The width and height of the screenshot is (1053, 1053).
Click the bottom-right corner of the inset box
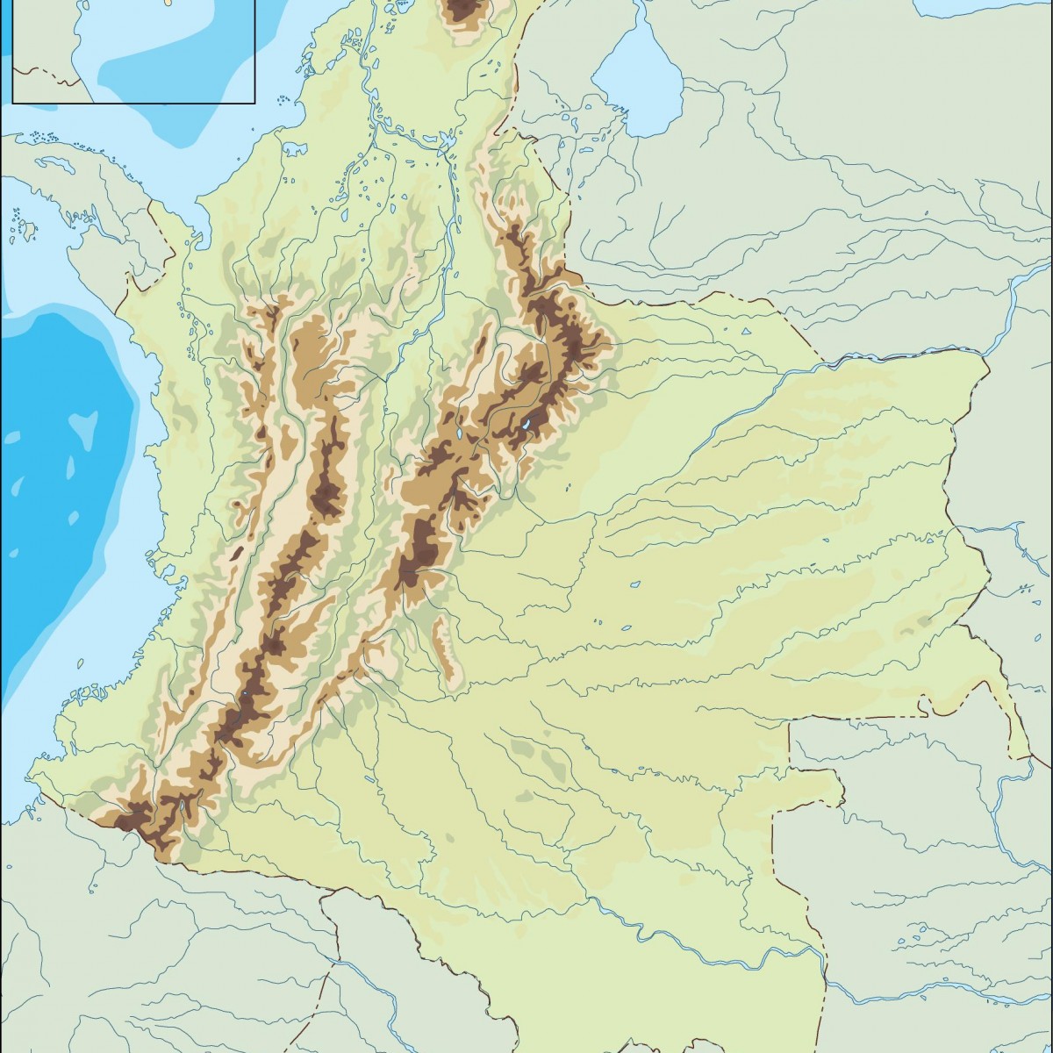coord(254,103)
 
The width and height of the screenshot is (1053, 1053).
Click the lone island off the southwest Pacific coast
coord(16,553)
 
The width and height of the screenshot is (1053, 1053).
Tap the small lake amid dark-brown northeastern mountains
coord(525,426)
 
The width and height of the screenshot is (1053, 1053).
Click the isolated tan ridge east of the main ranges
coord(444,649)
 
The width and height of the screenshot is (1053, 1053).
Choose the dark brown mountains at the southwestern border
coord(132,820)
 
